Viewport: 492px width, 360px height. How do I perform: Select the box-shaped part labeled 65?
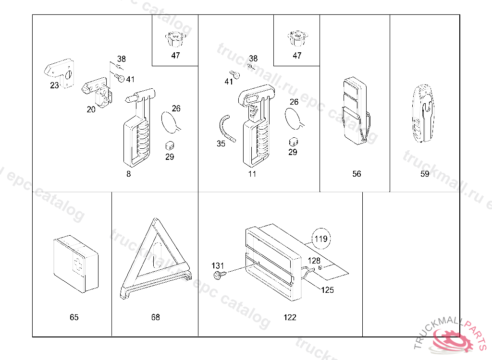pos(75,263)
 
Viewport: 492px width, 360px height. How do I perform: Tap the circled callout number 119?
pos(321,238)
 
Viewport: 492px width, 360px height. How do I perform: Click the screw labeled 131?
pos(219,275)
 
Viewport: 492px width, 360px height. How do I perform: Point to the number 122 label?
pos(290,317)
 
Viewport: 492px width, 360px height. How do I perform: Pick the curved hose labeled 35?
pos(225,129)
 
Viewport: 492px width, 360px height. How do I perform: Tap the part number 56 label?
pos(357,174)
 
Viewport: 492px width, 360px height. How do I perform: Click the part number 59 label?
pos(425,174)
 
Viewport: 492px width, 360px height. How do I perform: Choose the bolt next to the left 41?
pos(118,78)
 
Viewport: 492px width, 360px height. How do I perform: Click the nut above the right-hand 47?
pos(297,37)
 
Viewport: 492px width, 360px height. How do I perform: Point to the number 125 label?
pos(327,290)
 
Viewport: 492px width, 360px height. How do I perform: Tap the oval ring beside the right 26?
pos(294,118)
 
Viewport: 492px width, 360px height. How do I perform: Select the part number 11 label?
pos(252,174)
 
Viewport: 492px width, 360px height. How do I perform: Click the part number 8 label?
pos(128,174)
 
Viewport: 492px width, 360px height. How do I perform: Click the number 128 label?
pos(314,261)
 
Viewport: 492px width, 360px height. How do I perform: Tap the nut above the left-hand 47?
pos(175,38)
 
